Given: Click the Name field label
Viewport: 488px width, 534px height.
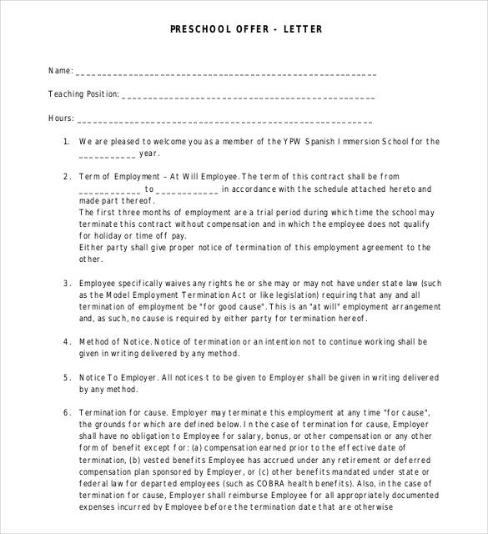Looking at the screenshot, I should [59, 72].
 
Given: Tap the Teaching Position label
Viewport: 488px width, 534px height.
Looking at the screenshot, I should [83, 94].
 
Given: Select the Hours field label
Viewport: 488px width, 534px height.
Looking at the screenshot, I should [61, 118].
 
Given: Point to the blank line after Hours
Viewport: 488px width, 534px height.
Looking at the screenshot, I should [225, 120].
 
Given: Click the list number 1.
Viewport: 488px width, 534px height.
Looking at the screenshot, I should [67, 142].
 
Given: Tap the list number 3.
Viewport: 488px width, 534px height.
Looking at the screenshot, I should [67, 283].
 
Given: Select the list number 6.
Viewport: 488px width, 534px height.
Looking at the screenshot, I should [67, 412].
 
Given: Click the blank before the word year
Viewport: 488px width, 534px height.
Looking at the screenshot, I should [107, 155].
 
